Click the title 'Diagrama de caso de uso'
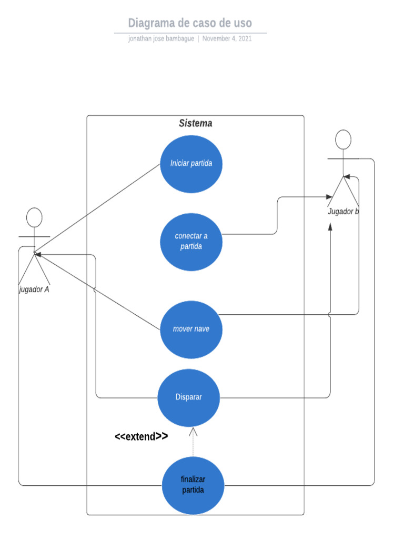190,23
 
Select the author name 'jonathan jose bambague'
161,38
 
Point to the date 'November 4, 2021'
227,38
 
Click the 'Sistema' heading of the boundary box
195,124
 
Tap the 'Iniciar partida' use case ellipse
191,163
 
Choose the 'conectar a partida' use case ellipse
191,242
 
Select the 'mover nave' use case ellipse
191,329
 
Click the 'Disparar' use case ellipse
189,397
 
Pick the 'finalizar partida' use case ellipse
193,485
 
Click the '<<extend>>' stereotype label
142,436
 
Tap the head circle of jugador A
34,217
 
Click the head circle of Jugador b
343,139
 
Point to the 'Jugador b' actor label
343,212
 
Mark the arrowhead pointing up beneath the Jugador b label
330,226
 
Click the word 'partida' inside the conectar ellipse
191,246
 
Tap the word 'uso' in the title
243,23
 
